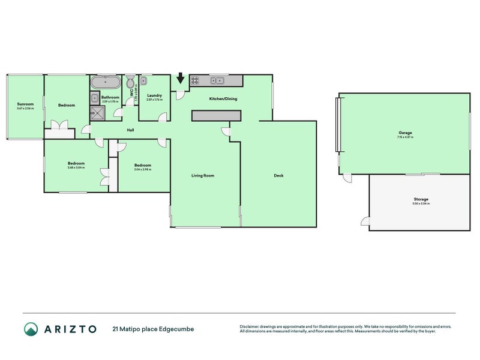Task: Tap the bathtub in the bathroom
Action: coord(106,82)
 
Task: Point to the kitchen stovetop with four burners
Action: coord(197,80)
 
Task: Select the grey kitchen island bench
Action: coord(216,116)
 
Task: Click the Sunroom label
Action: coord(25,104)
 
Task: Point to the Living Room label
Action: coord(203,176)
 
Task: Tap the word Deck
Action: coord(278,176)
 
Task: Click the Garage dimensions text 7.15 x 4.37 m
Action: coord(404,137)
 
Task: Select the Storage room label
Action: coord(421,199)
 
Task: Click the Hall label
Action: coord(130,130)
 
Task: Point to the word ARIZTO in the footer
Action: coord(70,329)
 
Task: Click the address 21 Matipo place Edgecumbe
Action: coord(153,329)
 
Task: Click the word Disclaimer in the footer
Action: coord(250,326)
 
